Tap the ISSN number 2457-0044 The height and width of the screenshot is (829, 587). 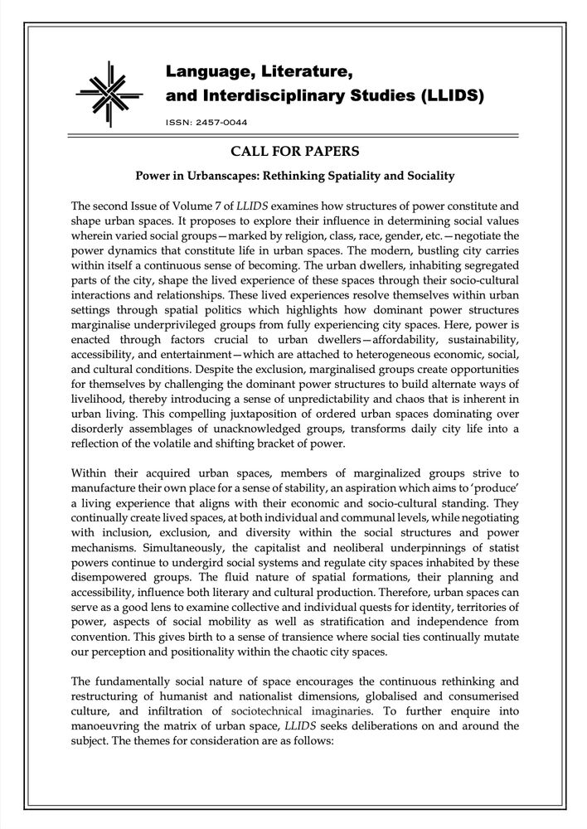pyautogui.click(x=215, y=122)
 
